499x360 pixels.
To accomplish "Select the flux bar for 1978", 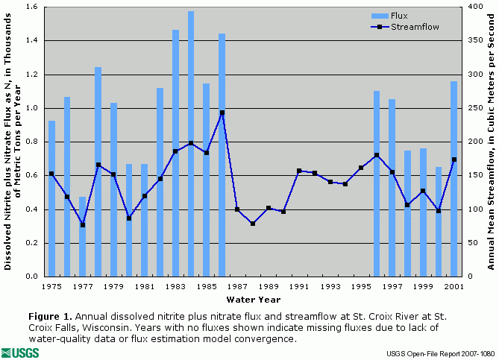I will click(98, 171).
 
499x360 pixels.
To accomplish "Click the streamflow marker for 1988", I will click(253, 224).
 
